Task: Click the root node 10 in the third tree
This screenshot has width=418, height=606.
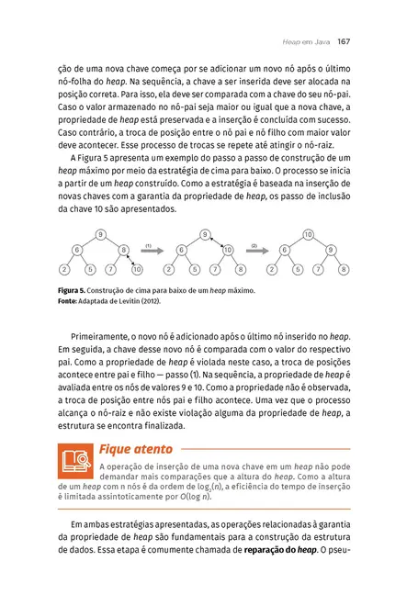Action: click(x=309, y=234)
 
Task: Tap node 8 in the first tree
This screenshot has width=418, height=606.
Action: click(x=124, y=250)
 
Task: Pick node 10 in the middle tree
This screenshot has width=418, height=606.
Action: click(x=227, y=250)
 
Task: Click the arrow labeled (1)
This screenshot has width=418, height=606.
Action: click(x=153, y=250)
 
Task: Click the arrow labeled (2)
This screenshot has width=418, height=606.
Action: click(x=256, y=250)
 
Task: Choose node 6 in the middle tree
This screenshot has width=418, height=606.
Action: click(x=181, y=250)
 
